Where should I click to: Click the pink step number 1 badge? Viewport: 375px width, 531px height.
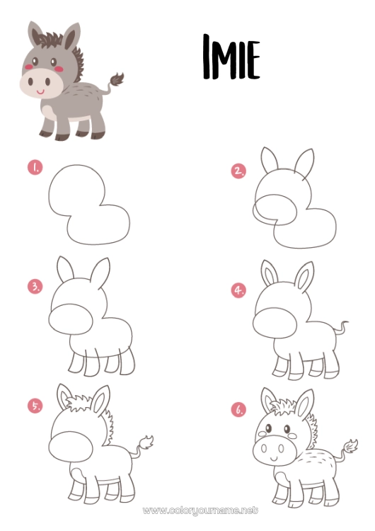35,167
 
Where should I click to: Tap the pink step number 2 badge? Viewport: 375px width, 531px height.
239,171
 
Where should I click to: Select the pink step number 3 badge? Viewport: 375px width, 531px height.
35,287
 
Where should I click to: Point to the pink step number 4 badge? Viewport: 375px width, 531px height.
239,290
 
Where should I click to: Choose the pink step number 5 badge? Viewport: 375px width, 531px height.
35,406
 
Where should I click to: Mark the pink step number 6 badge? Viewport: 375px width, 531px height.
239,409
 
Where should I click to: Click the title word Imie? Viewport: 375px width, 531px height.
231,57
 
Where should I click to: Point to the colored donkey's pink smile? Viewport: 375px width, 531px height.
40,91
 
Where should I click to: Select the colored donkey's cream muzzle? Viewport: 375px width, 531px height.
40,83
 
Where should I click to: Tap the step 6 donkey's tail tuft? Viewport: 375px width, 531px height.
350,446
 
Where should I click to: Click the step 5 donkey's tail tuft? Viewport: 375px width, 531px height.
146,442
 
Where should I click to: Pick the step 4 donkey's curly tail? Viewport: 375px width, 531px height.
340,329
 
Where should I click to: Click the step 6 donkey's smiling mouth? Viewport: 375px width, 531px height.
275,459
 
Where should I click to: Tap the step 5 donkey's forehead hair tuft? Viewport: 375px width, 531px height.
79,403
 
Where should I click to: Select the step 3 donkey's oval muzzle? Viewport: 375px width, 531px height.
71,319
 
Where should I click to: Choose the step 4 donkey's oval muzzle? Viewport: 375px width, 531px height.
275,323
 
